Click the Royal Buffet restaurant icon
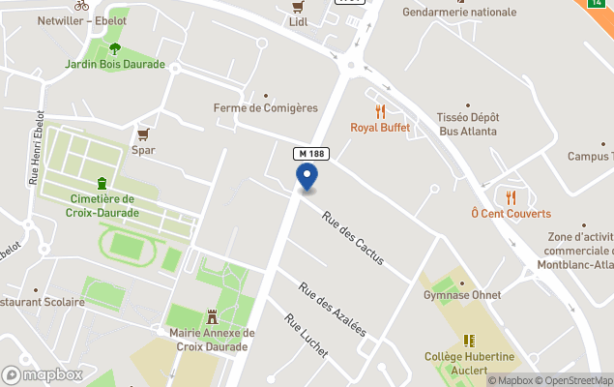point(380,111)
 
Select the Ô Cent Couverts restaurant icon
point(511,197)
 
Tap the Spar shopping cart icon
point(143,134)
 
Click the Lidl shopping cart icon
point(298,7)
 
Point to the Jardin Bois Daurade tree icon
point(115,48)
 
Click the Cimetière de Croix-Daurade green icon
point(102,184)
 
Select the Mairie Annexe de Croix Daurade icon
point(211,316)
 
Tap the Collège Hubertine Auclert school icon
point(469,341)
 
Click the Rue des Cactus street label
point(353,238)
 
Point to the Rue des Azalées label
point(333,309)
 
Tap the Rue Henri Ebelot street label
point(37,147)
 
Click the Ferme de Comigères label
point(265,108)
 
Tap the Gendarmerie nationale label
point(459,12)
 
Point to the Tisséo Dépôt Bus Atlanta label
point(467,124)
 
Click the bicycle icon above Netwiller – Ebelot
point(81,5)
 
